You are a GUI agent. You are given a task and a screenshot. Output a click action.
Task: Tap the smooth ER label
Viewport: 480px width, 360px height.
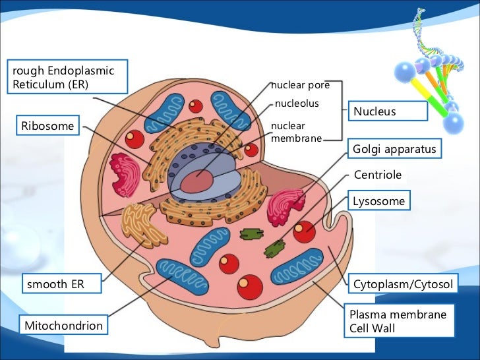63,285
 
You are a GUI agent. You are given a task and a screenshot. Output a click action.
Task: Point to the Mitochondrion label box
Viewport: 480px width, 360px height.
64,326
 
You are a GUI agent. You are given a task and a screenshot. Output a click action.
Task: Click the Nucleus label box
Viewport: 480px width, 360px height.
388,111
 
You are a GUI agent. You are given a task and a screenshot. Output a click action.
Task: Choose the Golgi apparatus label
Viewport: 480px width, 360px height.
394,150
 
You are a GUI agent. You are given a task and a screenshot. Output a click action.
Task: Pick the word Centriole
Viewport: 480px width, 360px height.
378,175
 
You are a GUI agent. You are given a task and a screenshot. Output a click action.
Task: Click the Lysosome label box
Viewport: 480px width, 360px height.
379,200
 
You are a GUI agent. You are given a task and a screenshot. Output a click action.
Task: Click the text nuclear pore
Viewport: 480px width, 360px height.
297,85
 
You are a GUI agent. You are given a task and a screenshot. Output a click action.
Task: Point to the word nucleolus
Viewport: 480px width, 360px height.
297,104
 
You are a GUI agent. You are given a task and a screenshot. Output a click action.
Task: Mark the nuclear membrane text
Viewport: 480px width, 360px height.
296,131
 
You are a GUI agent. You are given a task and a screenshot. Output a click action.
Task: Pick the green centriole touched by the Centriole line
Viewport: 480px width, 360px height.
275,248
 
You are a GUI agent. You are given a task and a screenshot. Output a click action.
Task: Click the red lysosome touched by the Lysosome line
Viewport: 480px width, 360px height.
304,231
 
